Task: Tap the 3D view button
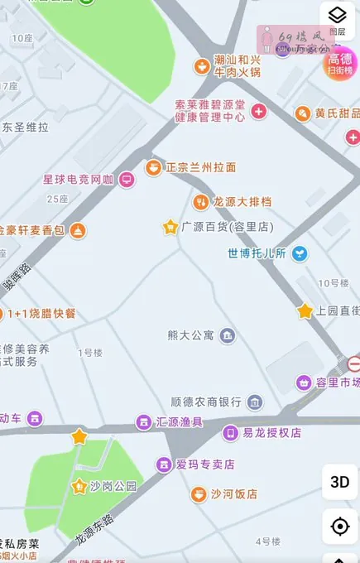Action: point(339,482)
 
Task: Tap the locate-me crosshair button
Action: point(339,527)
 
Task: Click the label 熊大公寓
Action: point(190,335)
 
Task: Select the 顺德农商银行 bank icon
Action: point(255,402)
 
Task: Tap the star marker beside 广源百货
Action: point(170,227)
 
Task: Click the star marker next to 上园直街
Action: point(305,311)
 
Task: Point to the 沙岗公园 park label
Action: point(113,486)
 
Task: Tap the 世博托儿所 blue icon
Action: point(300,253)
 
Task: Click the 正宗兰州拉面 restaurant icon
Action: point(153,167)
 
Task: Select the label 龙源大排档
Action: point(242,202)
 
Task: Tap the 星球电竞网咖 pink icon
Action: point(127,179)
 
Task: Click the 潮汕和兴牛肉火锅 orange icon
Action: point(201,65)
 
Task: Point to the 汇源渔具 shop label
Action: point(180,422)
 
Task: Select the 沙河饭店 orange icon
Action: point(199,494)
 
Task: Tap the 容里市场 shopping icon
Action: point(305,383)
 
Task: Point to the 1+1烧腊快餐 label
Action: point(41,314)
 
